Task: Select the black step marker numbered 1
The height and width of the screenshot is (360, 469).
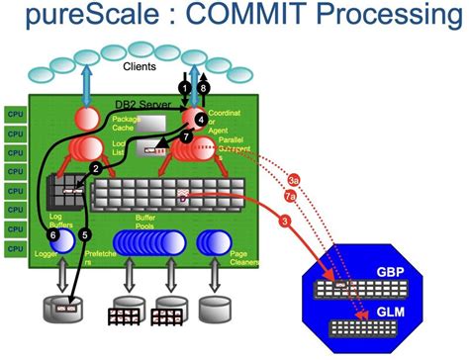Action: click(x=184, y=88)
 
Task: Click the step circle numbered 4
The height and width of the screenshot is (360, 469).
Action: click(x=200, y=119)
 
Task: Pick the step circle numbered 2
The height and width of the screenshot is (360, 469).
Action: click(x=95, y=169)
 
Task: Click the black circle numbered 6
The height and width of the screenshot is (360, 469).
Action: click(x=53, y=234)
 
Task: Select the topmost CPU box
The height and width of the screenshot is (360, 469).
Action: click(x=15, y=114)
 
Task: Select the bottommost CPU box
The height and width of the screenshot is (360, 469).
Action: click(x=15, y=248)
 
